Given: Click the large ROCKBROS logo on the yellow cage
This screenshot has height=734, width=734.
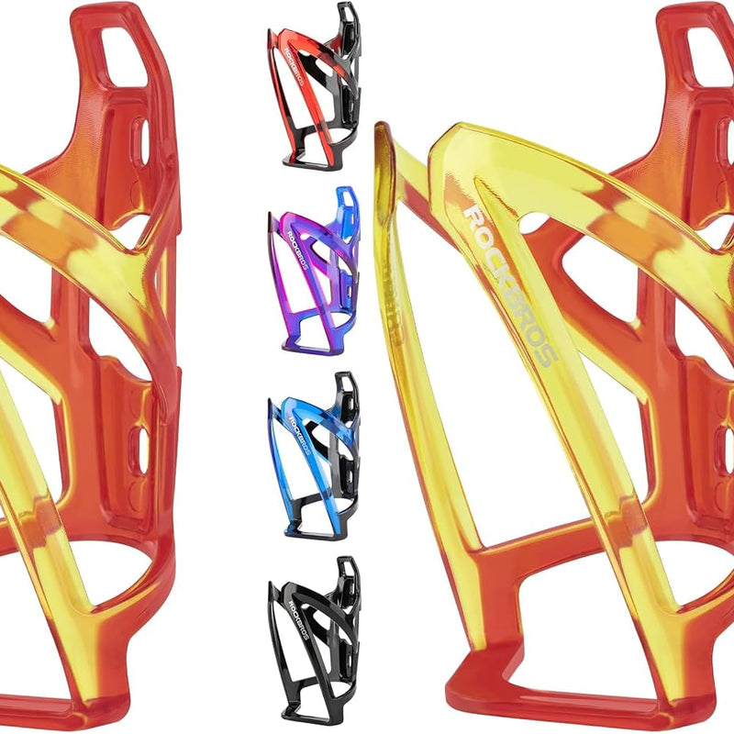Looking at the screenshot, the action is [510, 285].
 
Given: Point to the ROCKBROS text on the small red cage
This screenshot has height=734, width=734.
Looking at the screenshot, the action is [295, 66].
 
